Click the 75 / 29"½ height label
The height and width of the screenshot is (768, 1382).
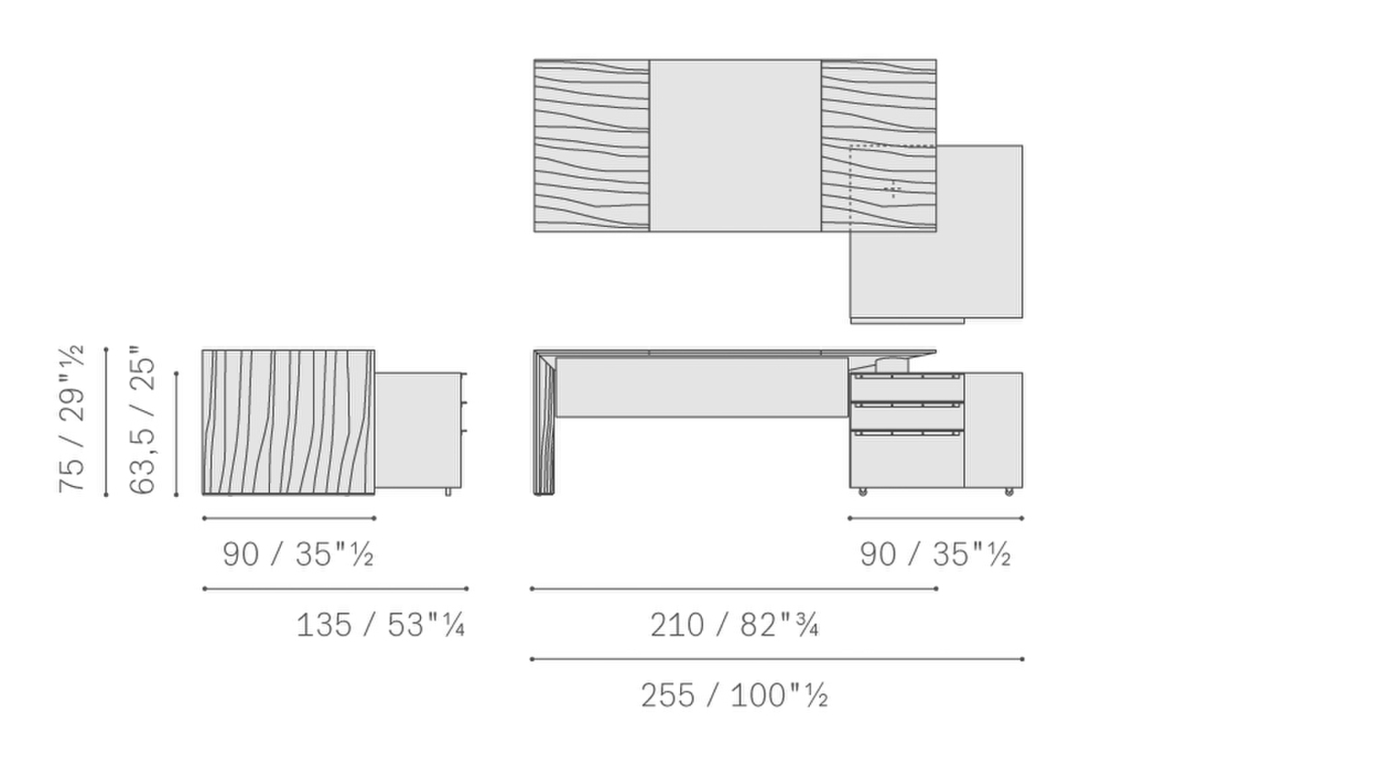tap(71, 419)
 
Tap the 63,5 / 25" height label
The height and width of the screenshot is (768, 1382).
tap(142, 420)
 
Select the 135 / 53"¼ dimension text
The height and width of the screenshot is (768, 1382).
tap(381, 625)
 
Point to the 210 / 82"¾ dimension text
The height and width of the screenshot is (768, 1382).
tap(734, 625)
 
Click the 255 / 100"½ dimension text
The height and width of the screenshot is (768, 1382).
tap(734, 696)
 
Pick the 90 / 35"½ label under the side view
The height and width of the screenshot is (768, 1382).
tap(298, 554)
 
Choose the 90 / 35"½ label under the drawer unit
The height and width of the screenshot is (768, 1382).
tap(935, 554)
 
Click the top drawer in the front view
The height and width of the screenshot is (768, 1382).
tap(907, 388)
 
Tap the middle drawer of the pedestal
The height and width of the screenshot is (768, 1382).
tap(907, 417)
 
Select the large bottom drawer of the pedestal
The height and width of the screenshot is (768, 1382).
tap(907, 459)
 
